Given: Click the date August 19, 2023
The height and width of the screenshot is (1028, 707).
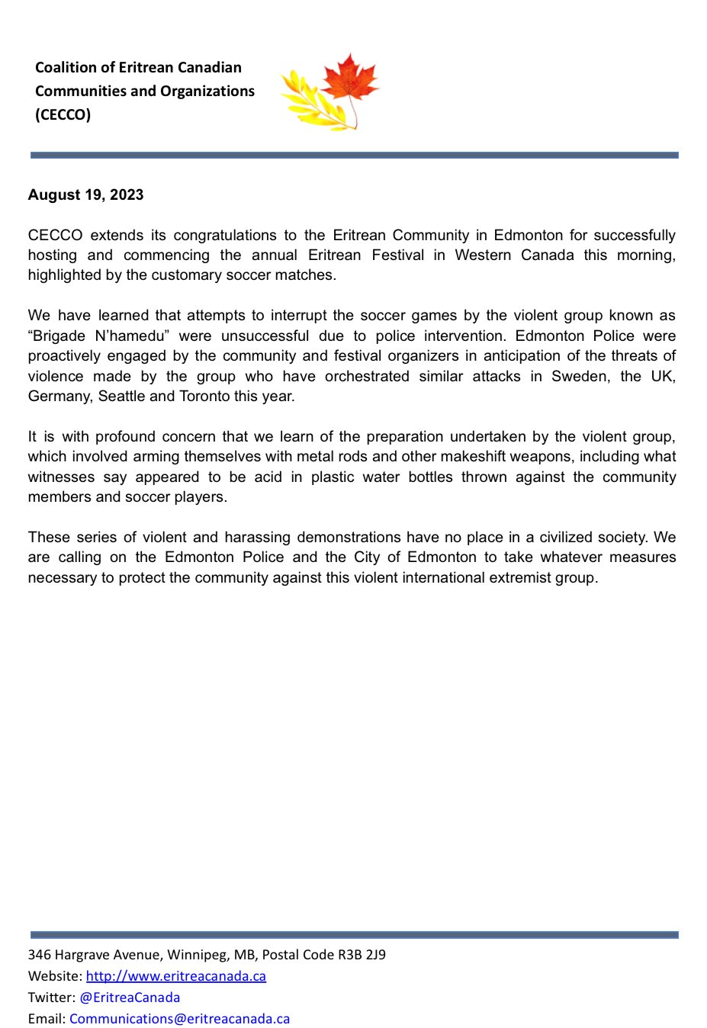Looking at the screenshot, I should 85,194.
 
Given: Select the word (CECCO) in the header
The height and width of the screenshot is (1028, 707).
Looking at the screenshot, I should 63,114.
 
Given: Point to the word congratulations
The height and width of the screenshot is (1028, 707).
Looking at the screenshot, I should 226,235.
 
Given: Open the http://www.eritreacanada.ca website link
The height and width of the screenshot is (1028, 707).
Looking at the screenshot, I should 176,976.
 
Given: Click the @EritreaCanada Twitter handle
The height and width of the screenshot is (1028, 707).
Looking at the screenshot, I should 130,997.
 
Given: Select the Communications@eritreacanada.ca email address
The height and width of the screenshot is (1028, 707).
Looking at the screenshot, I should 179,1019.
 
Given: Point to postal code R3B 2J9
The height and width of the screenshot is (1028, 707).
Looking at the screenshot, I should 362,955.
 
